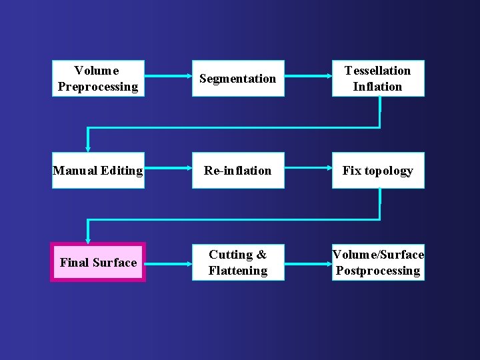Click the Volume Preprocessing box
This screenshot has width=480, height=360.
pos(98,79)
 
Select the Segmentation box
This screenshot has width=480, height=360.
pos(238,79)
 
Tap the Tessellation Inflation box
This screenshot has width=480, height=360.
pos(378,79)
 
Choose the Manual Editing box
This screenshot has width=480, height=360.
pos(98,171)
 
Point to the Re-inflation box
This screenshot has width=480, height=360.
pos(238,171)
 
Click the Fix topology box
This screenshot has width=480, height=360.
pos(378,171)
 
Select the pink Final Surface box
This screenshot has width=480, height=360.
pos(98,262)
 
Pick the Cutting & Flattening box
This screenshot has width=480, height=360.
pos(238,262)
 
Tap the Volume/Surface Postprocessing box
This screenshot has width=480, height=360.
pos(378,262)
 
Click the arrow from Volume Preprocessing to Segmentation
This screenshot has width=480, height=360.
pos(168,77)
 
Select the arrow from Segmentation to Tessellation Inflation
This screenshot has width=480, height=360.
pos(308,77)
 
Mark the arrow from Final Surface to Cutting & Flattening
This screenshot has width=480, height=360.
pos(168,261)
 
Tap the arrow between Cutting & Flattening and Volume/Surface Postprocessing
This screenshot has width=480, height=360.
pos(308,261)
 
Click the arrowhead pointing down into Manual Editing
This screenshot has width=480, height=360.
pos(87,147)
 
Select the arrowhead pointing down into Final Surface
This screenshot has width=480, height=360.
pos(87,239)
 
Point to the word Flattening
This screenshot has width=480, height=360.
pos(238,271)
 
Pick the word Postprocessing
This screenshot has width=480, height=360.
pos(378,271)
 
